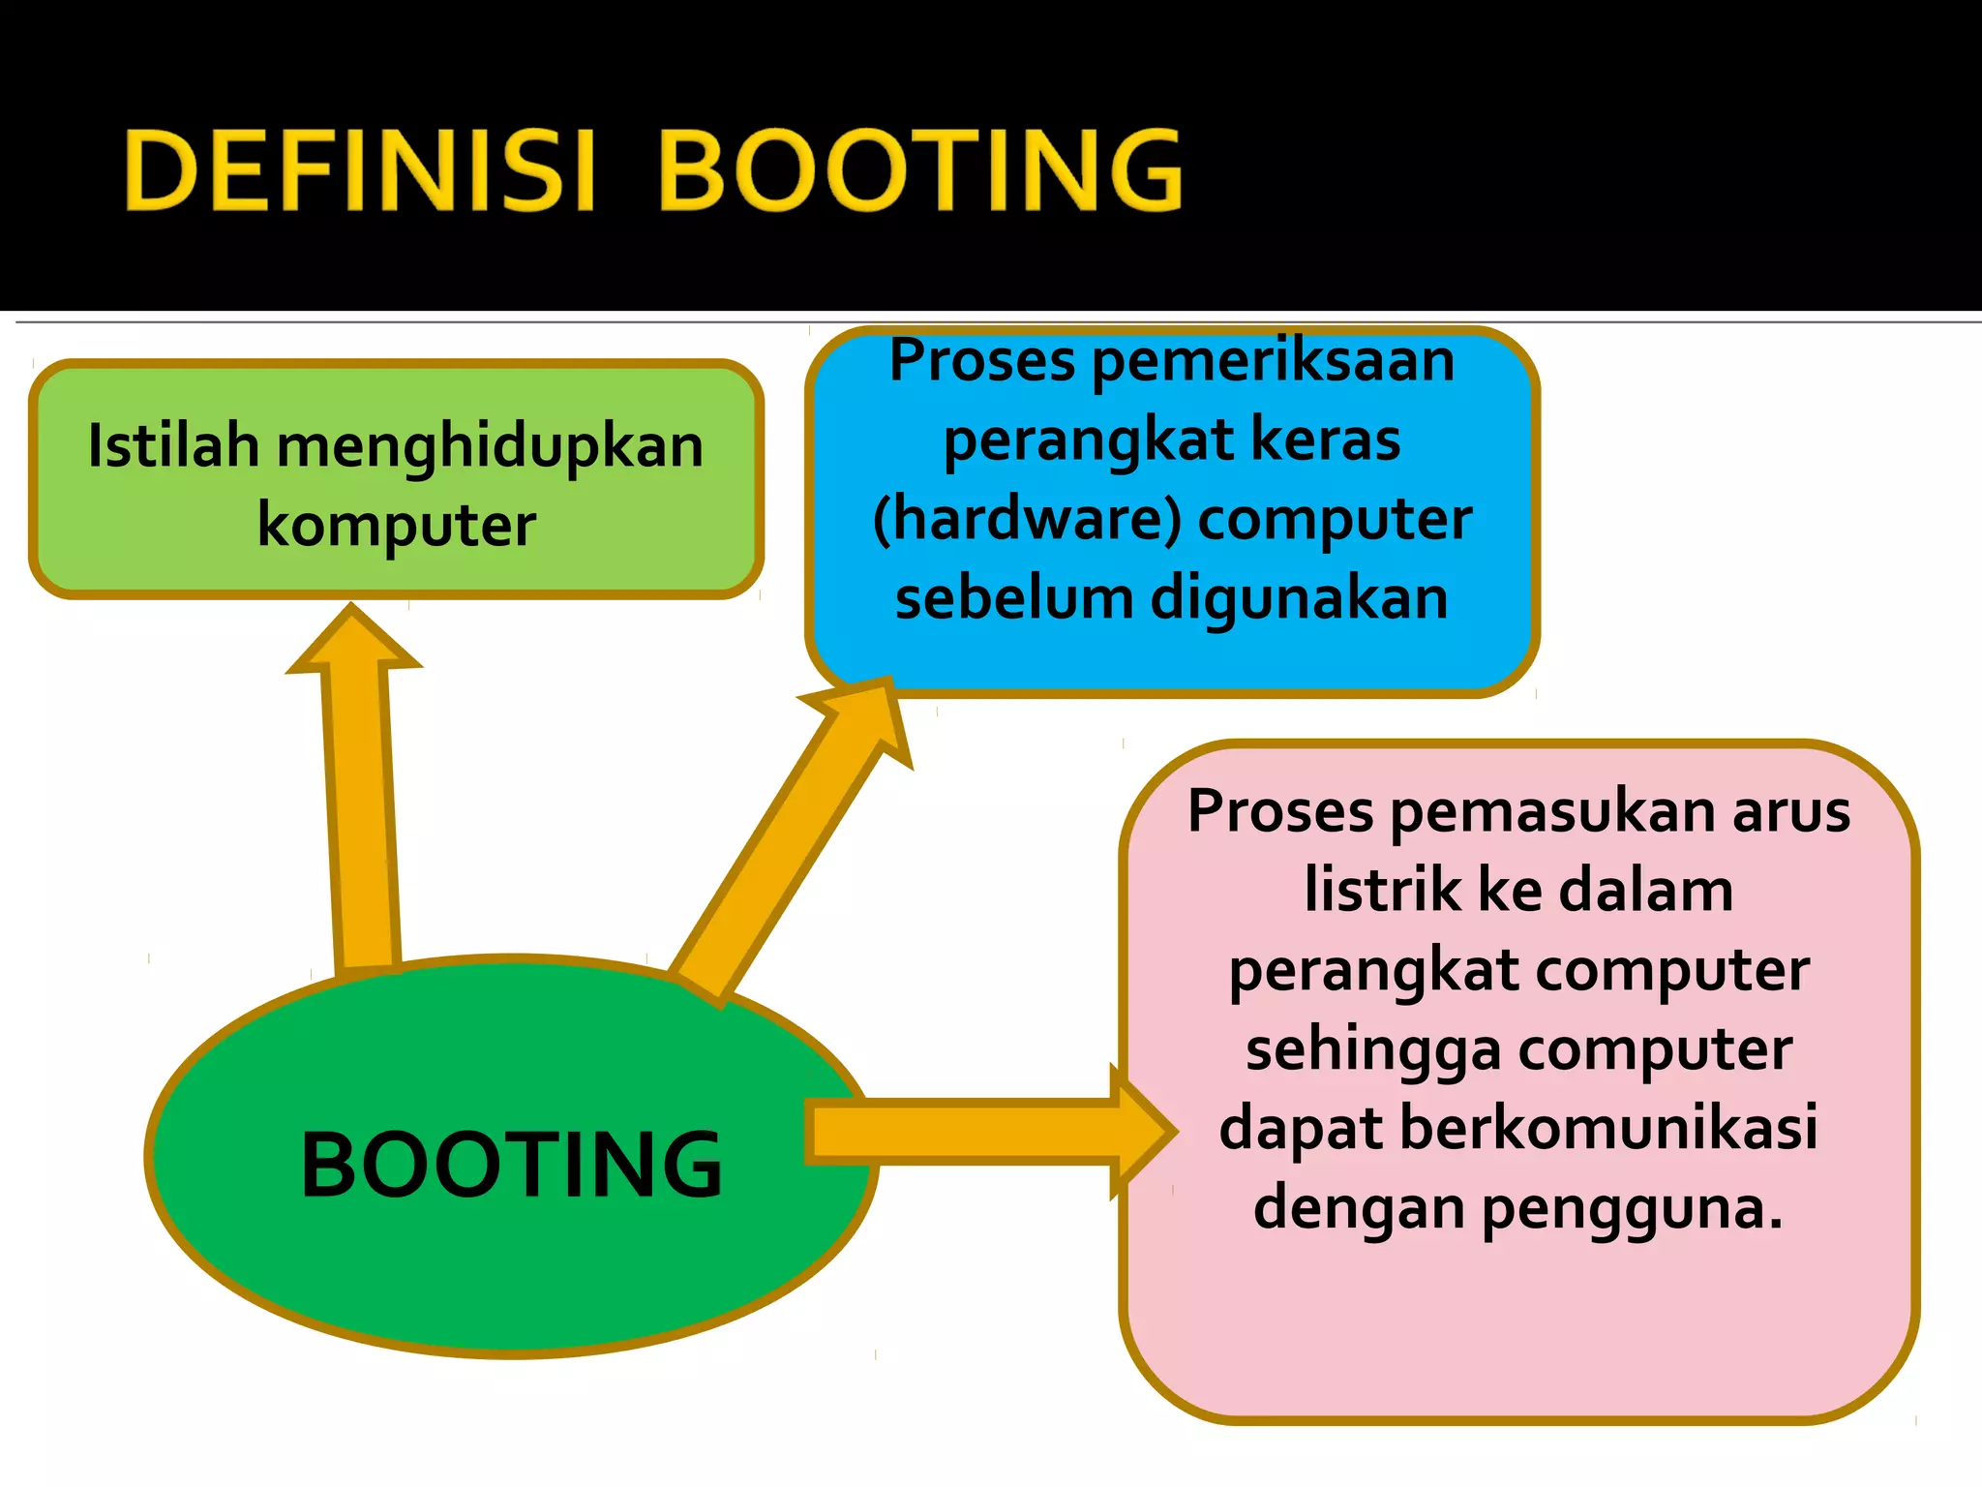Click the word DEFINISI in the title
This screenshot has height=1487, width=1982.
click(x=358, y=171)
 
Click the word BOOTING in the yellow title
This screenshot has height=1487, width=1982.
click(x=919, y=171)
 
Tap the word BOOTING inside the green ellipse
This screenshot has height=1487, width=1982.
click(x=511, y=1165)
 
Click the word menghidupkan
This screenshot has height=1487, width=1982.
click(x=491, y=448)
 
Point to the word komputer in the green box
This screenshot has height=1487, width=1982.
click(x=396, y=526)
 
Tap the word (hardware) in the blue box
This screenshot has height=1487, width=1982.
click(x=1027, y=520)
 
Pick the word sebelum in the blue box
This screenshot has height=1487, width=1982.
click(x=1013, y=597)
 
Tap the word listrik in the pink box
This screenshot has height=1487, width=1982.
click(x=1382, y=891)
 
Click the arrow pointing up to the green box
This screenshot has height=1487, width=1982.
click(x=361, y=794)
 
